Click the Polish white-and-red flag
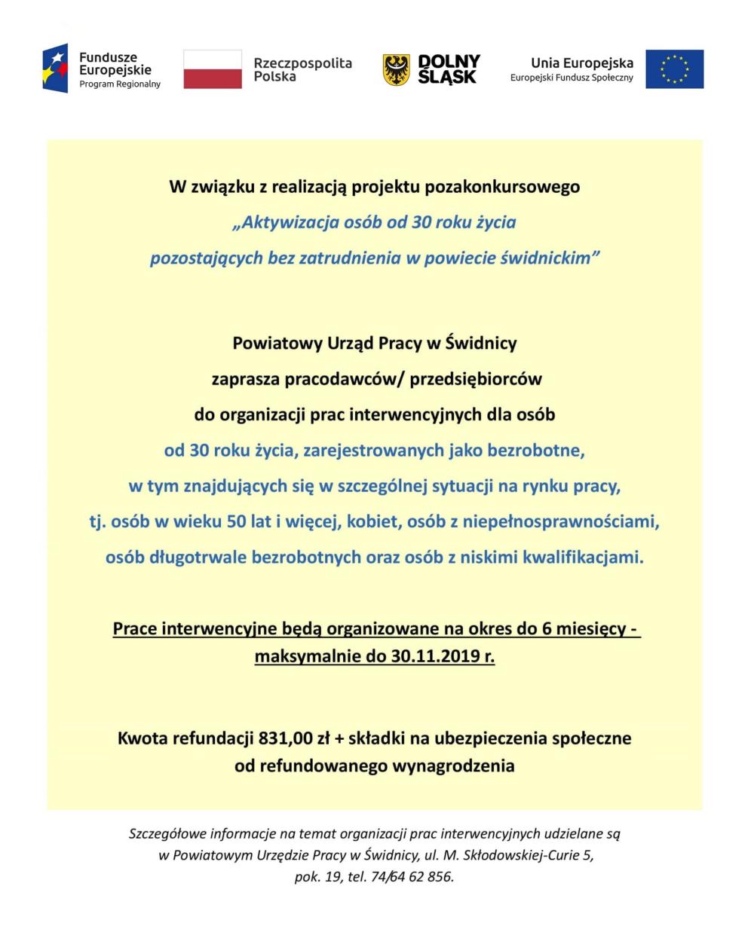click(213, 69)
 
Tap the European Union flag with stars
click(674, 69)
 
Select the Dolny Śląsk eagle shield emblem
click(396, 69)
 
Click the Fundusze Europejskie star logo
click(57, 68)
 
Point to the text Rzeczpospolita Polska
click(302, 69)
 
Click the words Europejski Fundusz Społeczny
click(572, 78)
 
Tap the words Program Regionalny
click(120, 84)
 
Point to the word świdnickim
click(550, 258)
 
